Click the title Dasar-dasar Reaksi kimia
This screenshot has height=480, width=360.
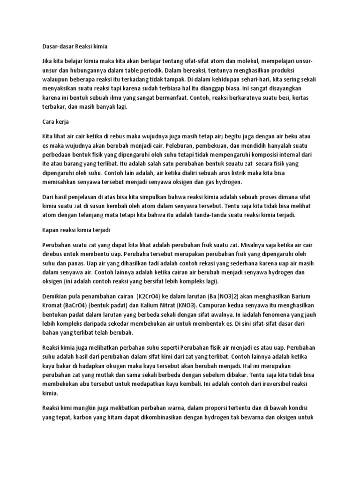pyautogui.click(x=75, y=46)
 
